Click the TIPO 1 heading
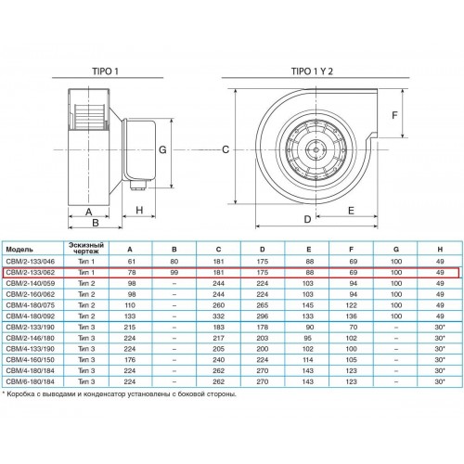click(105, 71)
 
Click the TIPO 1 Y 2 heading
click(312, 71)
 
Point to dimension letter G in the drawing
click(162, 150)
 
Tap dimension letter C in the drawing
click(226, 149)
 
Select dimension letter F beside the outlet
click(394, 115)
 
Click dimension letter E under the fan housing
click(351, 211)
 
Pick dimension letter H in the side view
click(139, 211)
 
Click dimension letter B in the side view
click(96, 223)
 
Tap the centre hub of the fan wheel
click(316, 150)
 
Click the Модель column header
click(19, 250)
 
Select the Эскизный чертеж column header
click(86, 248)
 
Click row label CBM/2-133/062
click(31, 273)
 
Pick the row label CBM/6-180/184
click(31, 381)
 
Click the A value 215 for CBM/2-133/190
click(130, 328)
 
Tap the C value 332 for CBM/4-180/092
click(218, 316)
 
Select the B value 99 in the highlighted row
click(174, 273)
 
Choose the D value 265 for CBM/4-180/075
click(263, 305)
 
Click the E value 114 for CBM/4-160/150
click(308, 360)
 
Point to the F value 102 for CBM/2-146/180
click(352, 338)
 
